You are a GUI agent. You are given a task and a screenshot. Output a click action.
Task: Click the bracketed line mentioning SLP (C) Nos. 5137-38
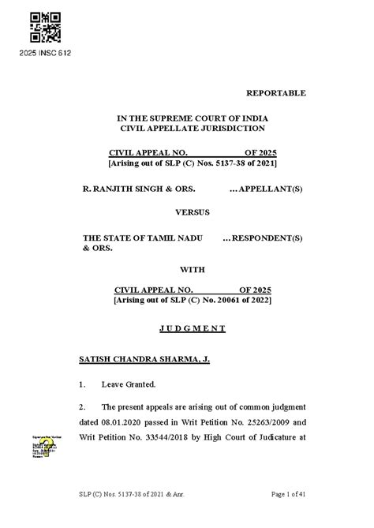[193, 163]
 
